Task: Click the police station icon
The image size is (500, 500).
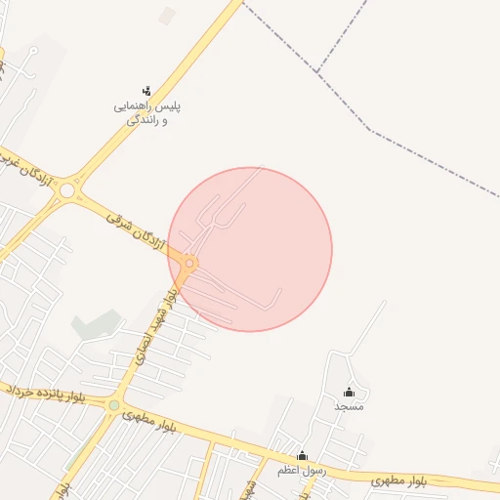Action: click(146, 91)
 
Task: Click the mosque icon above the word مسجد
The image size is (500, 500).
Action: click(349, 392)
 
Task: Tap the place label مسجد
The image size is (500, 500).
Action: click(349, 405)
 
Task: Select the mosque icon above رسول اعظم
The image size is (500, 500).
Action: click(302, 455)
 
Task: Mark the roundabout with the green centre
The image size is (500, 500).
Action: click(114, 405)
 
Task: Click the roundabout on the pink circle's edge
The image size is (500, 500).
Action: click(189, 264)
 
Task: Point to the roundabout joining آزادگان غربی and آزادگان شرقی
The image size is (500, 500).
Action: click(66, 191)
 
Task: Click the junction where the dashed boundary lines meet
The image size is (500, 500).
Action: click(318, 70)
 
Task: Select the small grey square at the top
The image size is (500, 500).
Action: click(167, 16)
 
